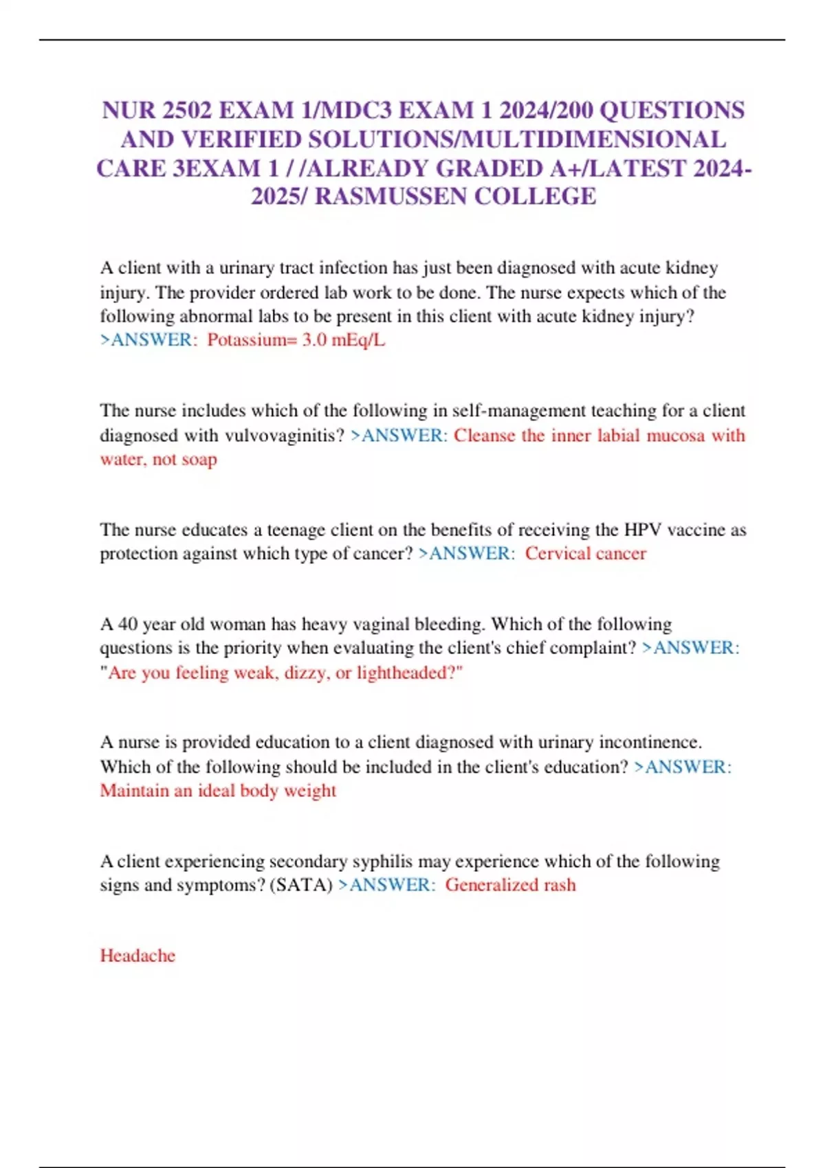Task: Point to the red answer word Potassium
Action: point(252,340)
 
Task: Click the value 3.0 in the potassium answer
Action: point(314,340)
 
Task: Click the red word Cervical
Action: point(555,554)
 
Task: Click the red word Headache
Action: point(137,956)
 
